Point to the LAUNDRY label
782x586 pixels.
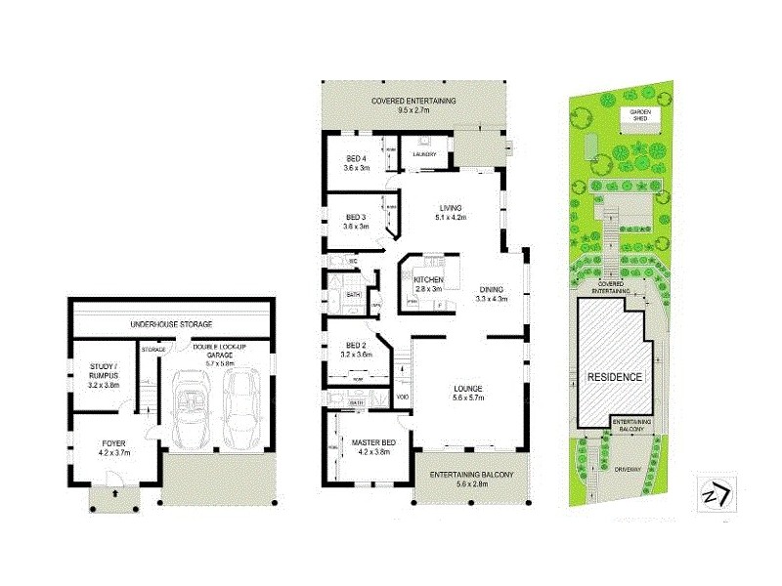pos(424,154)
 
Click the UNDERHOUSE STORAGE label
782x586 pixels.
pos(172,324)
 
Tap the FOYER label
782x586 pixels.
pos(114,447)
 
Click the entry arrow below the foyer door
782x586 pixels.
pos(116,495)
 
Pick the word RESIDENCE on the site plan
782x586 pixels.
pos(614,376)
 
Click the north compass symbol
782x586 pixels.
pos(715,493)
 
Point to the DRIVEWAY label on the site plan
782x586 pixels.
pos(629,470)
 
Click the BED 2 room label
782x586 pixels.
pos(355,348)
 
